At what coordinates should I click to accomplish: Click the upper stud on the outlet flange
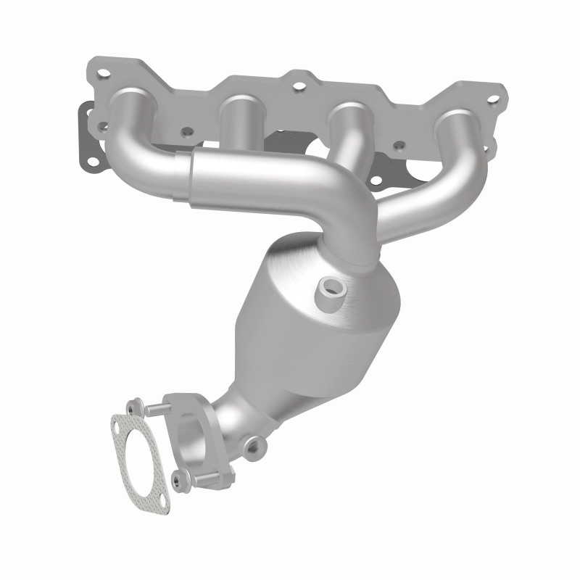coord(154,410)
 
